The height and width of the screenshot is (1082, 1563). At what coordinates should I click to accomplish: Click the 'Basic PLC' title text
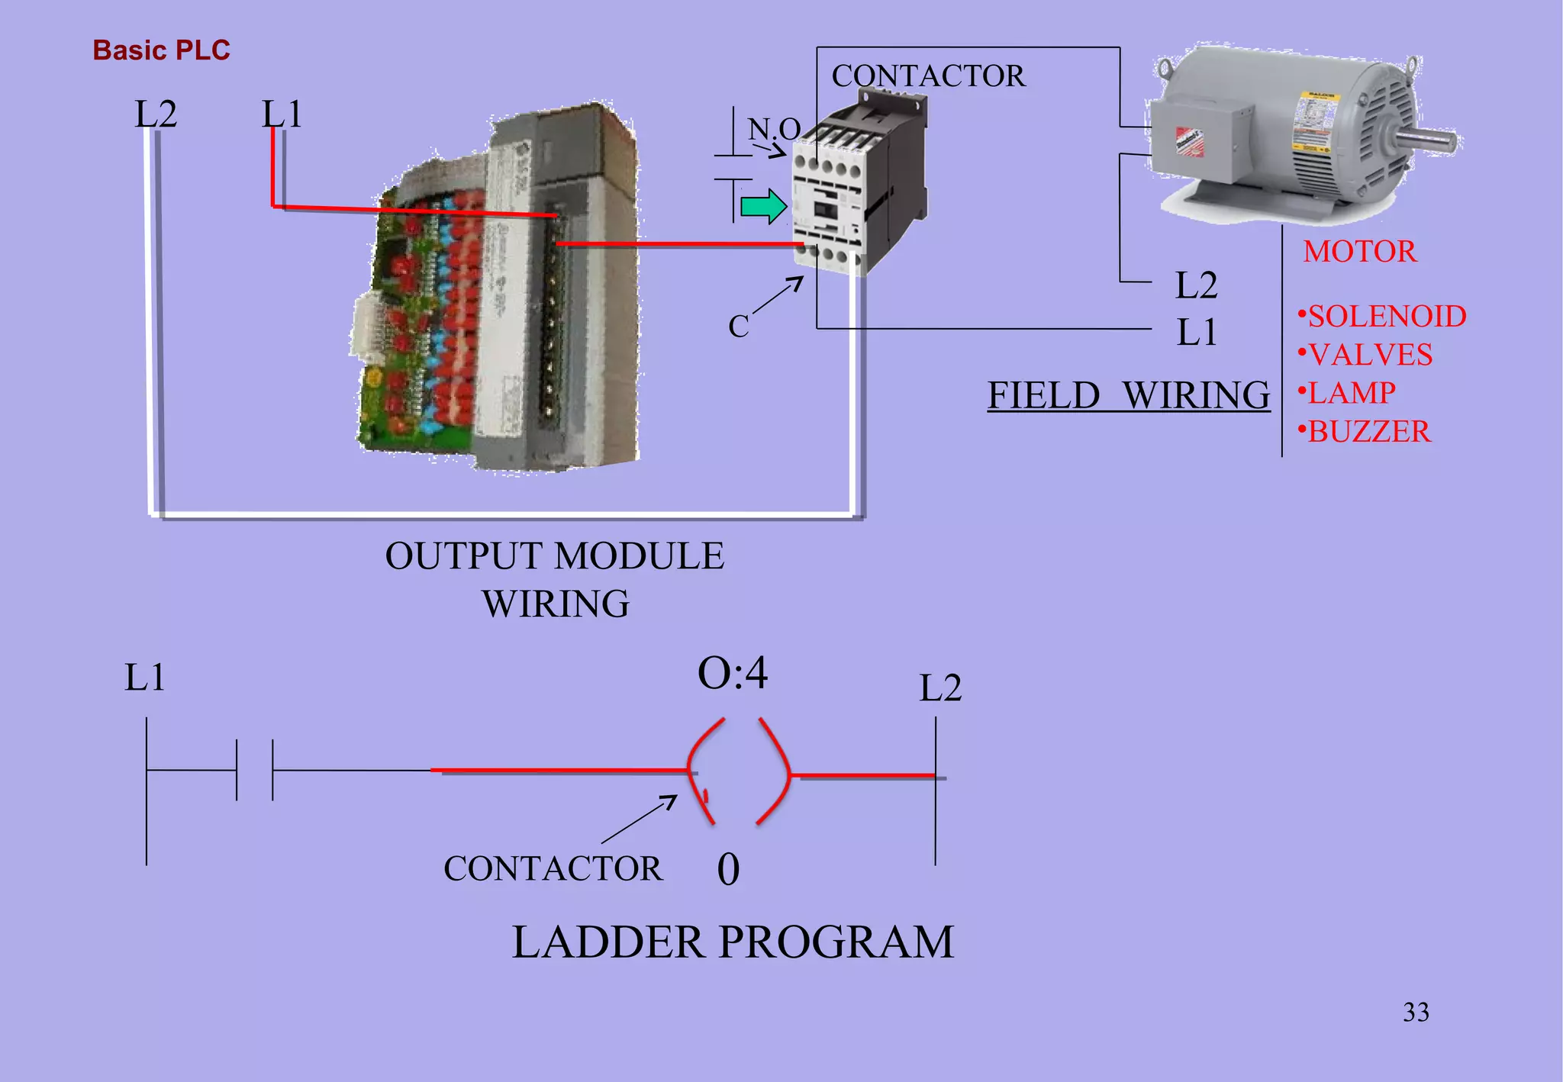coord(161,50)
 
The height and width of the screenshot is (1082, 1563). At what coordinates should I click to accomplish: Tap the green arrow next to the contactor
coord(763,206)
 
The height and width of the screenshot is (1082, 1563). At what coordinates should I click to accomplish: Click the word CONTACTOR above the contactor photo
coord(928,76)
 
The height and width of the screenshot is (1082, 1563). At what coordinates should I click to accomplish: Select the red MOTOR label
coord(1359,252)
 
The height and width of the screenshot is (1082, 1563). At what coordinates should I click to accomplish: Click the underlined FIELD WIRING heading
coord(1128,395)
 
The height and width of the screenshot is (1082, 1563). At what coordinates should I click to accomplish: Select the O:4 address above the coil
coord(733,674)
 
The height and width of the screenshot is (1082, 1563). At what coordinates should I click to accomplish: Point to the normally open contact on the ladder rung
coord(254,770)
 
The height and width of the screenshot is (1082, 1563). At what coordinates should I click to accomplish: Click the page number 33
coord(1416,1013)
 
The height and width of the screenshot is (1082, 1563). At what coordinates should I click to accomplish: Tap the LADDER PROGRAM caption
coord(733,942)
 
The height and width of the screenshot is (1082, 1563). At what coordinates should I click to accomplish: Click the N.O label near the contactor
coord(773,129)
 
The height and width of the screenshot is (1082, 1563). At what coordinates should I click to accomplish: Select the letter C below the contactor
coord(738,327)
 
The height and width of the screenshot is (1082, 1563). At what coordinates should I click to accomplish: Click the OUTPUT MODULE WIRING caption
coord(555,579)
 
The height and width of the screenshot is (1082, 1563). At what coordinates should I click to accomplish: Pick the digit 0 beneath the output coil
coord(728,869)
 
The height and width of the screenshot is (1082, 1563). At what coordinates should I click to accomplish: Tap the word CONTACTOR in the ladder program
coord(553,869)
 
